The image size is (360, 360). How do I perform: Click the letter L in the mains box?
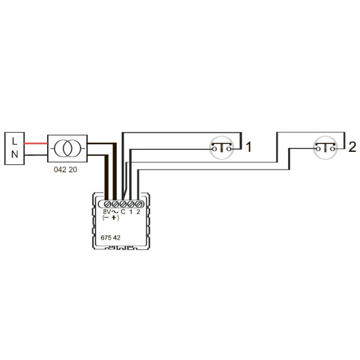coord(14,141)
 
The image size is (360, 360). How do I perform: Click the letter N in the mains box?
coord(14,154)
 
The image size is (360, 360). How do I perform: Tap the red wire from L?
coord(36,144)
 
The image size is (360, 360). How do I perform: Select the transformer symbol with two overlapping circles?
coord(67,149)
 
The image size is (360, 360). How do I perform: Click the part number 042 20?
coord(65,170)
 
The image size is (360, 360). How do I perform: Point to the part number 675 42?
coord(111,238)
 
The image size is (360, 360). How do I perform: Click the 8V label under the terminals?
coord(107,211)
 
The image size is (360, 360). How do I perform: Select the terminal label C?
coord(123,211)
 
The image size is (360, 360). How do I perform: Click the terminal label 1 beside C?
coord(131,211)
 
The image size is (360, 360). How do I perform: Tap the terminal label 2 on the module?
coord(138,211)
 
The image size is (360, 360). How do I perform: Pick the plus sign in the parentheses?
coord(114,217)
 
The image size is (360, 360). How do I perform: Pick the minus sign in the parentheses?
coord(106,217)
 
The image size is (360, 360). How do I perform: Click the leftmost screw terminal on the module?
coord(108,204)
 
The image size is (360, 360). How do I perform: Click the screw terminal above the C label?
coord(123,204)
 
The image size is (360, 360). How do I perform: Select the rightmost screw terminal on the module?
coord(138,204)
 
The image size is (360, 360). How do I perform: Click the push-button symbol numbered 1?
coord(221,148)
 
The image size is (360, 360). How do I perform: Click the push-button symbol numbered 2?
coord(325,148)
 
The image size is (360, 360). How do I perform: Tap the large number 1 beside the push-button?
coord(249,147)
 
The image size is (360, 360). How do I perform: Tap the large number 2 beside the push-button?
coord(352,147)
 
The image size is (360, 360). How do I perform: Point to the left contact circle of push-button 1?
coord(214,149)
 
